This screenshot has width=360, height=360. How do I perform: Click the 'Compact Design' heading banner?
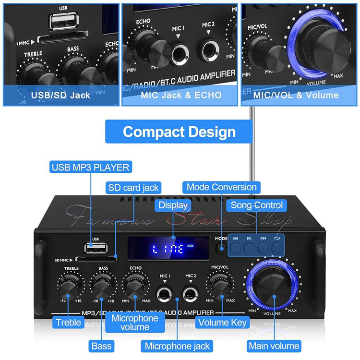click(x=179, y=132)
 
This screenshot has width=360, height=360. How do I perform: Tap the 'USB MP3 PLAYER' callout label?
click(x=90, y=168)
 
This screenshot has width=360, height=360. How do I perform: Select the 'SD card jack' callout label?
click(x=133, y=187)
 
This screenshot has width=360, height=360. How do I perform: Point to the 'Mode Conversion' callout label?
click(x=222, y=187)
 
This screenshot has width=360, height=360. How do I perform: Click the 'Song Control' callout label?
click(x=257, y=205)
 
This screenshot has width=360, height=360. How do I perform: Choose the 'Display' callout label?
click(x=172, y=205)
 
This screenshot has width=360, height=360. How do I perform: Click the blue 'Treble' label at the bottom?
click(x=69, y=323)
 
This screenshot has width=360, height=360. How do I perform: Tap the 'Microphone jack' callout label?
click(x=177, y=346)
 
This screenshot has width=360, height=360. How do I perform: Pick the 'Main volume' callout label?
click(x=274, y=346)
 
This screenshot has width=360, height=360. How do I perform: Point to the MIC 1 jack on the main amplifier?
click(x=165, y=293)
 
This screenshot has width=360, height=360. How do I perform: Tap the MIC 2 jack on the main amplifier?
click(x=191, y=293)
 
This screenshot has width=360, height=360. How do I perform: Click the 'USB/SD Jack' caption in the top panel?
click(x=60, y=95)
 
